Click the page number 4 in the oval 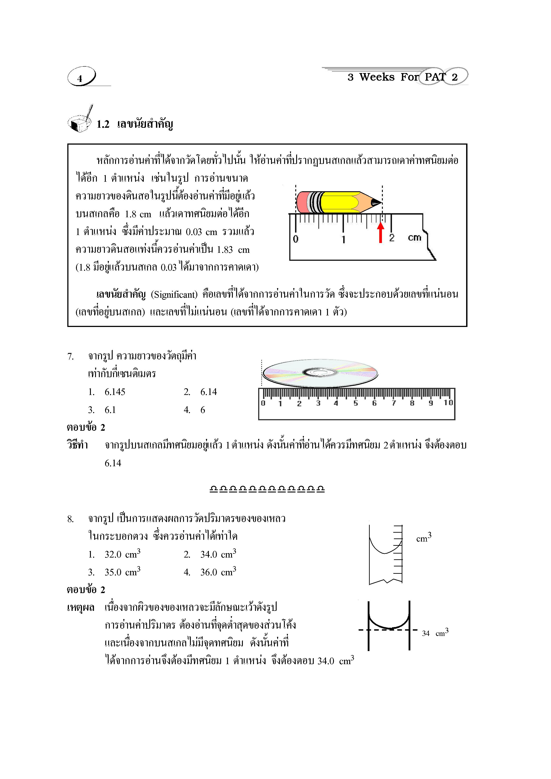(x=80, y=78)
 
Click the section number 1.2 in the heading (x=103, y=124)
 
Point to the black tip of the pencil (x=376, y=203)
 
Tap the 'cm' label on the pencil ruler (x=414, y=237)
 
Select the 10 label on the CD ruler (x=448, y=402)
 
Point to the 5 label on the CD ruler (x=355, y=403)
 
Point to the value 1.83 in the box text (x=225, y=250)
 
